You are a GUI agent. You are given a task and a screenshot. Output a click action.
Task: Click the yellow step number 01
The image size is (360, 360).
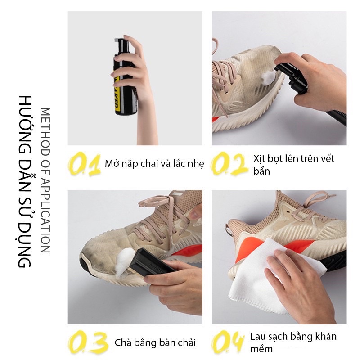(84, 164)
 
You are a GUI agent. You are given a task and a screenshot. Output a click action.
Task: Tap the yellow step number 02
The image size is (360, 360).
(229, 164)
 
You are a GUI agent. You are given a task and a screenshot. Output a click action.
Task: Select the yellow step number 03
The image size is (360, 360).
(88, 342)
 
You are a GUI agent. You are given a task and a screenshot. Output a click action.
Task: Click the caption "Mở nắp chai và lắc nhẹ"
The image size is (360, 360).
(154, 164)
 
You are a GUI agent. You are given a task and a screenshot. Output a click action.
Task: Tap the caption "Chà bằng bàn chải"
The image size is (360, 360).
(155, 342)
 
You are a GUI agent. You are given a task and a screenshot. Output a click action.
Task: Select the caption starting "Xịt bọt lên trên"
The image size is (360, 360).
(294, 165)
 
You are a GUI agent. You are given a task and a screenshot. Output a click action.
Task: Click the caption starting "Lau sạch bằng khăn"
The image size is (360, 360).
(293, 342)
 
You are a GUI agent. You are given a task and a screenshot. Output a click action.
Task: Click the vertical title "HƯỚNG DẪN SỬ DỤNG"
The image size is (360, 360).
(25, 182)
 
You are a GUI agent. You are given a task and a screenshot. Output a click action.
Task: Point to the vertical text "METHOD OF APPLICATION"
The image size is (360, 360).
(45, 180)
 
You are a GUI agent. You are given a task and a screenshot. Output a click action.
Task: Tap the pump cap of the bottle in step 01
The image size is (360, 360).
(121, 45)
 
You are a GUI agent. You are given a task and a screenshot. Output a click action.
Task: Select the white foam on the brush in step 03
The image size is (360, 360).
(125, 262)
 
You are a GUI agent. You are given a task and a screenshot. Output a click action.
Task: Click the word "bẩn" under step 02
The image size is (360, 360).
(261, 171)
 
